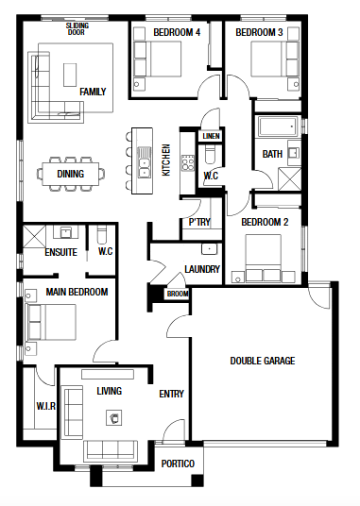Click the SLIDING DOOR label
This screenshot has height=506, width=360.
coord(77,28)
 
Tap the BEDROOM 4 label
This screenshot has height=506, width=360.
coord(177,32)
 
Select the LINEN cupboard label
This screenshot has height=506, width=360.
coord(211,136)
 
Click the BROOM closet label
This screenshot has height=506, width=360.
coord(178,294)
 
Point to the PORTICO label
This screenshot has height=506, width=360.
coord(178,464)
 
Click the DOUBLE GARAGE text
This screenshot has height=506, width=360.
coord(263,361)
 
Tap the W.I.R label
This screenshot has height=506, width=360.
coord(46,406)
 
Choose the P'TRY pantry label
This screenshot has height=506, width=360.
coord(199,222)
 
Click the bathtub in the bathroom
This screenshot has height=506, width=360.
coord(278,126)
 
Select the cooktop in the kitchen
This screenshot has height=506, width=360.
coord(188,163)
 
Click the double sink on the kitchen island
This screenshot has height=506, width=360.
coord(144,162)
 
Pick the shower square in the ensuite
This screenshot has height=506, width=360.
coord(34,236)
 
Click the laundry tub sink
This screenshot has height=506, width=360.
coord(210,249)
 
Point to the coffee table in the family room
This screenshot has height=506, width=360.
coord(70,75)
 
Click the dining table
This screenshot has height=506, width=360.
coord(70,174)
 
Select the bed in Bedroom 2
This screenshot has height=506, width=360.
coord(263,258)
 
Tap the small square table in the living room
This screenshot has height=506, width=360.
coord(114,418)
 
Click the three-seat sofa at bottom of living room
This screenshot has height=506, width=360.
coord(111,449)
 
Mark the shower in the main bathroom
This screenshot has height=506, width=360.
coord(290,178)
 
